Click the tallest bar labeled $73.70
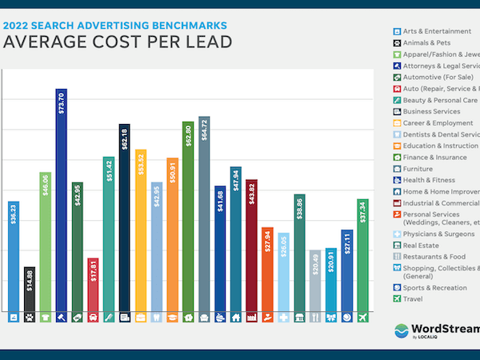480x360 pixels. [61, 200]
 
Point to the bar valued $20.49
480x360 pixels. [315, 281]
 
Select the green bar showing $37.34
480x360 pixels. [362, 255]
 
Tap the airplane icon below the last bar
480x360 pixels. [362, 317]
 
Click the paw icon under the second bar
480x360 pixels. [30, 317]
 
